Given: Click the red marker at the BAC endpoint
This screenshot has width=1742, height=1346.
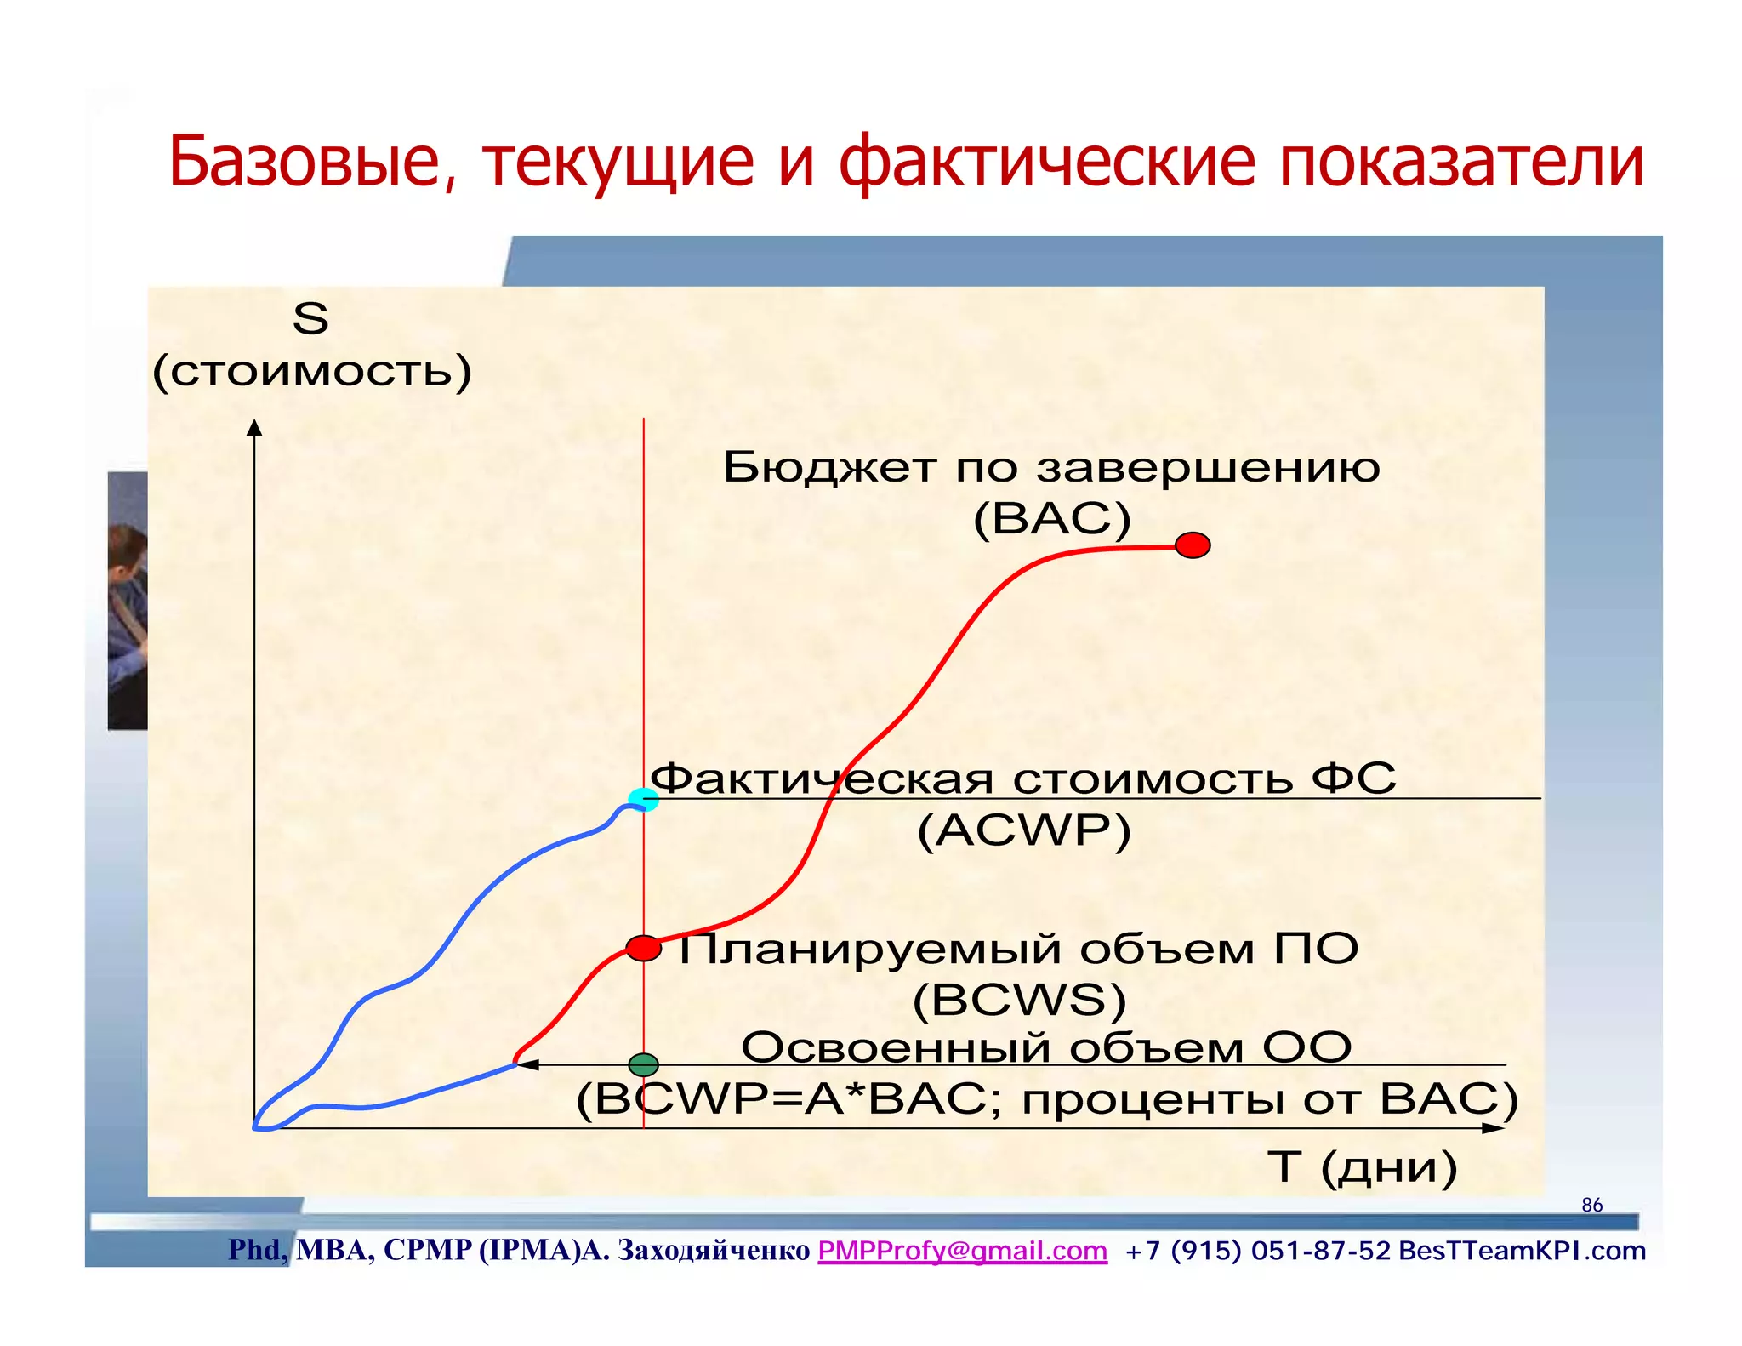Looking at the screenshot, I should pos(1193,545).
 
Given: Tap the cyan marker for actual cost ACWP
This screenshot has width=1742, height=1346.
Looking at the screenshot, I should pos(643,799).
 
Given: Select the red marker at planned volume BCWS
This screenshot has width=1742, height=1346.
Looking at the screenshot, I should pos(644,948).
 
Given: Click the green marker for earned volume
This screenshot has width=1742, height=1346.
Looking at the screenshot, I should pos(643,1064).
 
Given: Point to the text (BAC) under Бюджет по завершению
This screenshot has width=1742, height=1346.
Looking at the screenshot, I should pos(1051,518).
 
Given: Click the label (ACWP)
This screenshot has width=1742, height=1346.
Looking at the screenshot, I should pos(1024,830).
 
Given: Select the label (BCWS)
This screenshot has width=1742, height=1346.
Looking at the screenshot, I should pos(1019,1000).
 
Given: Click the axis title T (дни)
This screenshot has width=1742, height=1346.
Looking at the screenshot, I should pos(1362,1166).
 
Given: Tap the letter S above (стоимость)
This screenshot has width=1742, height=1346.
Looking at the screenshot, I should pos(310,319).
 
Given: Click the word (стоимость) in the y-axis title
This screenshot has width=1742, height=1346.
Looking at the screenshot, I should pos(311,371).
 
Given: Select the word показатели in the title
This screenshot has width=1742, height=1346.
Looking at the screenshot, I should pos(1460,161).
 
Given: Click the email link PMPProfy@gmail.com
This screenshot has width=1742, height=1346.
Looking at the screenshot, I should pos(962,1251).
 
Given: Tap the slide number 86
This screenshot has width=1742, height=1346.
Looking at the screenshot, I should pos(1591,1205).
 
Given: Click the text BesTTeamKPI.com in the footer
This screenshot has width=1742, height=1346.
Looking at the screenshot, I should pos(1522,1251).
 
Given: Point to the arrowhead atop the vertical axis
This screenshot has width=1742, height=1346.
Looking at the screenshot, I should pos(254,427).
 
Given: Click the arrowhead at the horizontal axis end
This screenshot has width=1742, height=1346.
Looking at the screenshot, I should pos(1493,1128).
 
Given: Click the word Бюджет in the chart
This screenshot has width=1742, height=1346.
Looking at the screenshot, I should pos(829,467).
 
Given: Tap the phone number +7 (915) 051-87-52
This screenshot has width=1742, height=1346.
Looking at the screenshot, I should pos(1257,1251).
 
